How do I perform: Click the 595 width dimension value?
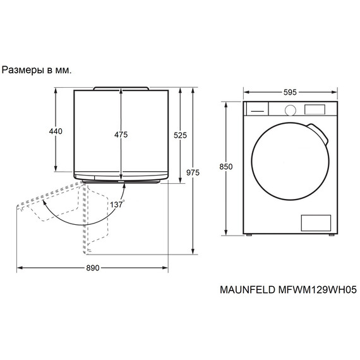pos(290,92)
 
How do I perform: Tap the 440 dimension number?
pos(56,131)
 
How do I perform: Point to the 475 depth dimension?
pos(121,135)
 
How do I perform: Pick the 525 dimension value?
pos(180,135)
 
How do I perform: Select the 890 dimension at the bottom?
pos(92,268)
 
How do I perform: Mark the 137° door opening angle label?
pos(117,205)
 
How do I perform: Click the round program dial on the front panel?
pos(290,110)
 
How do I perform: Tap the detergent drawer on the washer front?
pos(256,110)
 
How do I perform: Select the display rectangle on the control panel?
pos(315,109)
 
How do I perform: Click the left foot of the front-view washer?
pos(249,236)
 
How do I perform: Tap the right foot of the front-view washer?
pos(330,236)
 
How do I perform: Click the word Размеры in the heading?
pos(23,70)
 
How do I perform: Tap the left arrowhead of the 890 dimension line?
pos(18,268)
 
